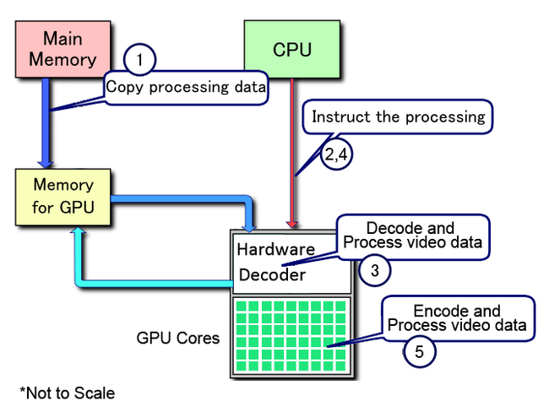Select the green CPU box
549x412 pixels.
pos(292,49)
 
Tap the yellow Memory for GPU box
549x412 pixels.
pos(64,197)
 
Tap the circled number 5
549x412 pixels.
pos(419,351)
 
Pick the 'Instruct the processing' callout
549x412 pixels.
pos(399,117)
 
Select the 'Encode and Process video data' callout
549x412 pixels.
pos(457,318)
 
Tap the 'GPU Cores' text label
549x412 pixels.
pos(178,339)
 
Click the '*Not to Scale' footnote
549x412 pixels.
pos(68,393)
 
